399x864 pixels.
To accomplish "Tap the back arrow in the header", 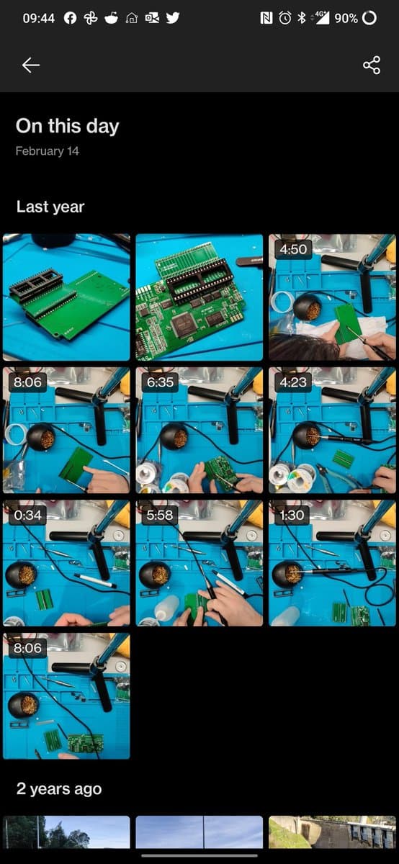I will point(30,65).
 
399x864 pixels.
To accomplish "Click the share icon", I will point(372,65).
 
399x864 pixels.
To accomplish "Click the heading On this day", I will point(67,126).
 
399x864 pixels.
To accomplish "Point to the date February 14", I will point(47,151).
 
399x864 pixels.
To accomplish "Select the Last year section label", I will point(50,207).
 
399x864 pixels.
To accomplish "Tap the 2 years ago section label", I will point(58,788).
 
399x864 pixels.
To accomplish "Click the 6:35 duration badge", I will point(160,382).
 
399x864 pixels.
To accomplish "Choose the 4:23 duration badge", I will point(293,382).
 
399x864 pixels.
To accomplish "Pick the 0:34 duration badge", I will point(27,515).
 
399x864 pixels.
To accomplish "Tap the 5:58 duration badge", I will point(160,515).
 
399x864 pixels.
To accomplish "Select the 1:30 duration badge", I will point(293,515).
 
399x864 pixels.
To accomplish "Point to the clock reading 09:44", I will point(38,18).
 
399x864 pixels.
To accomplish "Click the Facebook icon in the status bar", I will point(70,18).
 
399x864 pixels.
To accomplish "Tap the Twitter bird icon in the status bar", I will point(173,18).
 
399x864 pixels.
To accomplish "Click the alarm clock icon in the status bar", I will point(285,18).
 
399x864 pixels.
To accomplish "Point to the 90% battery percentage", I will point(346,18).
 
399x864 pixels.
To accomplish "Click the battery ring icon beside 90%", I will point(369,18).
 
